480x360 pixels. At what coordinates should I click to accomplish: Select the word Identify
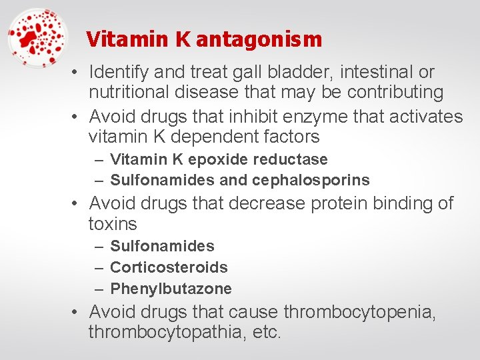pos(120,71)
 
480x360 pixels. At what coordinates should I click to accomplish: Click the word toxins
pos(112,223)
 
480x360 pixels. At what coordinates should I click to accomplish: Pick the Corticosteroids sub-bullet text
pos(169,267)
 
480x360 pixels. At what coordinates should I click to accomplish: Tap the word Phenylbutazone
pos(171,289)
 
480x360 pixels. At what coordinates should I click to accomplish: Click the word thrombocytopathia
pos(166,332)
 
